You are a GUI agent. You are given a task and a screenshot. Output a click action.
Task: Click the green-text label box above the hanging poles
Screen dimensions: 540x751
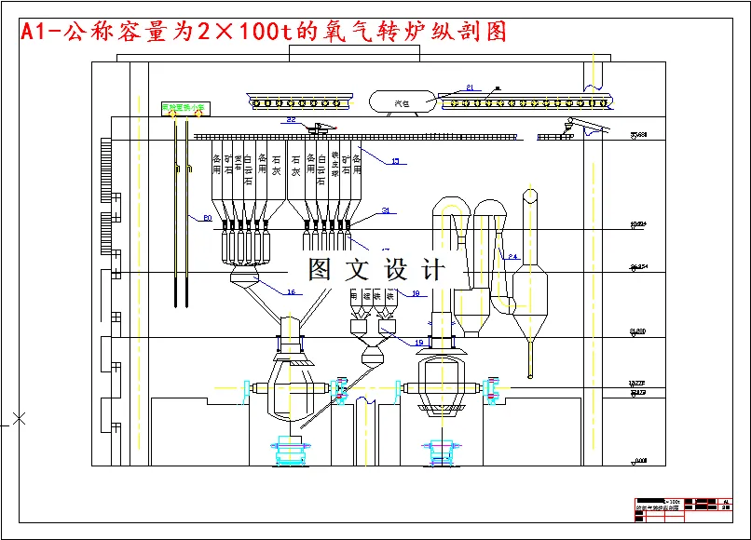tap(184, 107)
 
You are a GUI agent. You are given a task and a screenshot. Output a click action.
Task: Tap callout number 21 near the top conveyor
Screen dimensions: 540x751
tap(471, 88)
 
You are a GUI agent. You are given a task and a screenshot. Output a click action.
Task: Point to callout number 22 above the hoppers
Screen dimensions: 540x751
tap(292, 120)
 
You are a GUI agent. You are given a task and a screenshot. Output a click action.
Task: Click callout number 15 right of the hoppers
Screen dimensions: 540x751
tap(394, 161)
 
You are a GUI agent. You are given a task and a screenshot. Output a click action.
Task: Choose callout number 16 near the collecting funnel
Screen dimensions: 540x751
tap(291, 292)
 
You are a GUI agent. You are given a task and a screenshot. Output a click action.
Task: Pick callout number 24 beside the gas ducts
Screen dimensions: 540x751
tap(512, 256)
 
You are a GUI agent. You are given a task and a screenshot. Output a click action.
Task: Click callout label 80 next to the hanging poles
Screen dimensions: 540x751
tap(207, 218)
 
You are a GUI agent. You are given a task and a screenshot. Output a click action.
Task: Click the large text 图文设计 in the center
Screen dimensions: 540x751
tap(376, 270)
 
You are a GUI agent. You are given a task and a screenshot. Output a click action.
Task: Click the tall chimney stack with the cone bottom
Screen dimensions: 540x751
tap(530, 279)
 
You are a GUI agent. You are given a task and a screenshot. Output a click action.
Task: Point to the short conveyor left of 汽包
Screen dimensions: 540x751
tap(300, 100)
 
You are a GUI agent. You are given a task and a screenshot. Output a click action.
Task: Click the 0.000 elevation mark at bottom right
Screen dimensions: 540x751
tap(638, 460)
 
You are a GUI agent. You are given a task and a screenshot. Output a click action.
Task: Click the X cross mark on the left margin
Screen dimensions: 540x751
tap(19, 418)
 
